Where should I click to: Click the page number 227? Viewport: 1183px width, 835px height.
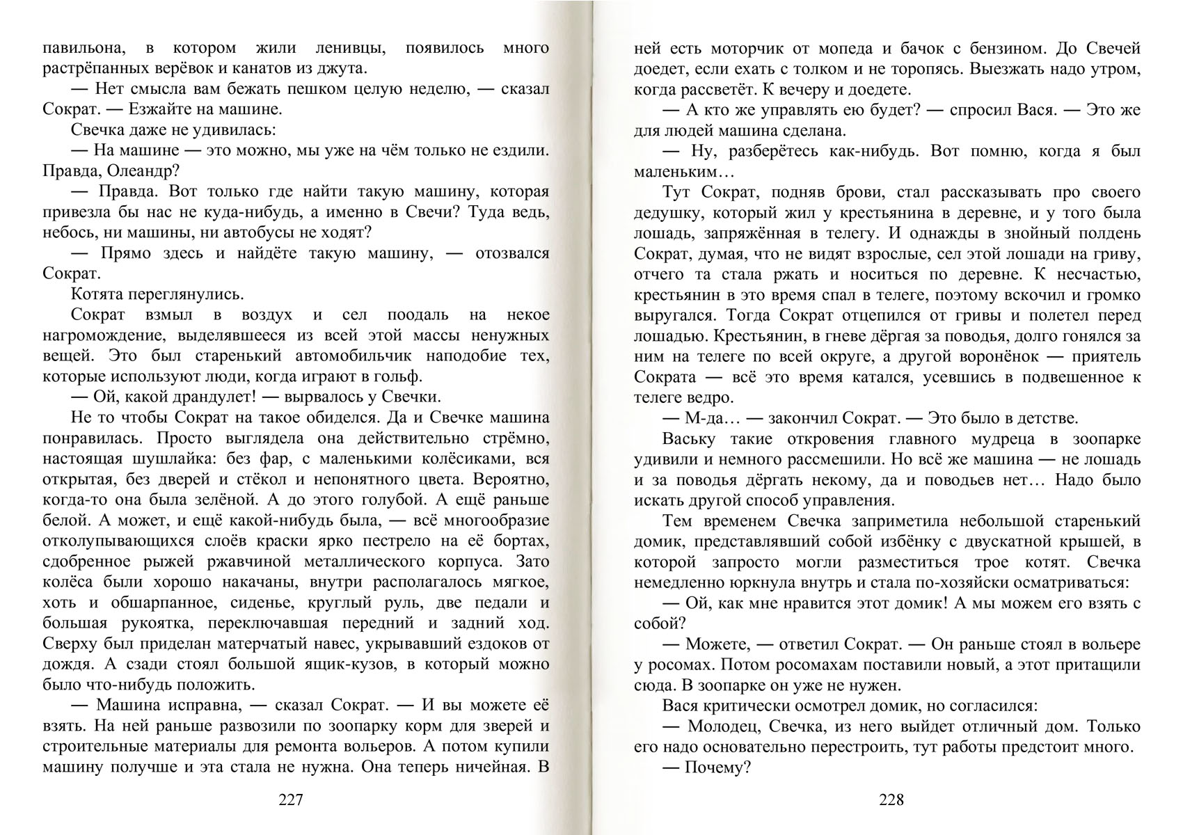(290, 800)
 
